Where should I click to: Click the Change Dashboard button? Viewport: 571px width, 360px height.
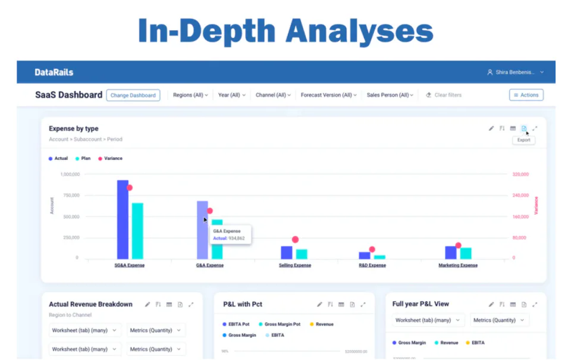133,95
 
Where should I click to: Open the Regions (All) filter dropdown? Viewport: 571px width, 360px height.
190,95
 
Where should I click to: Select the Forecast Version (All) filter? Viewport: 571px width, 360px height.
328,95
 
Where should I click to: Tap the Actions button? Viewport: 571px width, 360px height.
526,95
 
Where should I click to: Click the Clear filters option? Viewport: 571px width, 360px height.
444,95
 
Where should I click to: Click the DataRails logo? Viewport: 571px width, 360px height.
54,73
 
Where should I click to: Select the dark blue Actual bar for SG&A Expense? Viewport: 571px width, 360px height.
123,220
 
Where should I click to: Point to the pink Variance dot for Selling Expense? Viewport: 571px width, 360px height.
295,240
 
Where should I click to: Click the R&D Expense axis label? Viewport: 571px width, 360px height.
372,265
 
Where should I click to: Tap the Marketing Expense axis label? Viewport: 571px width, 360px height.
458,265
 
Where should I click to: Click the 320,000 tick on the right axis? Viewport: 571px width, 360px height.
520,174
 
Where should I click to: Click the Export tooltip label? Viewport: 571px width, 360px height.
523,140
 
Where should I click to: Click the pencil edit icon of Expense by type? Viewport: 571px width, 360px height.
491,129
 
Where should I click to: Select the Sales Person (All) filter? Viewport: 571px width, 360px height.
390,95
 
